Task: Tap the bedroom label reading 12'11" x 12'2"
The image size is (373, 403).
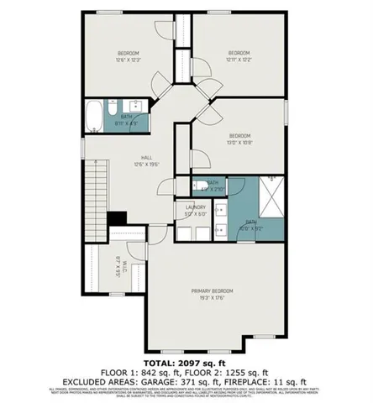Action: point(239,56)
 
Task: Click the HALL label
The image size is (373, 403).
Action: point(146,160)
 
